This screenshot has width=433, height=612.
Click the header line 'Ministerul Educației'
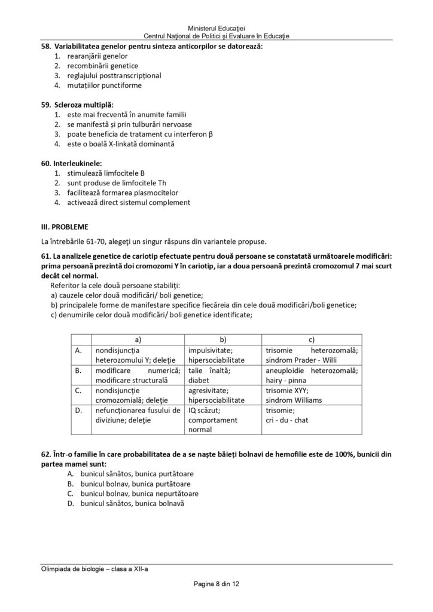(216, 28)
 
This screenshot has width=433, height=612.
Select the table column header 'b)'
(223, 339)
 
